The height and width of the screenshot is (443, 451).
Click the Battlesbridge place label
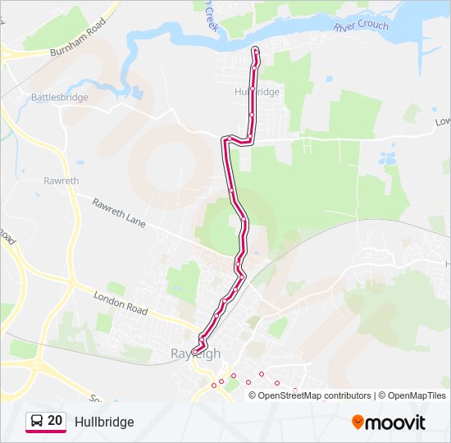[59, 97]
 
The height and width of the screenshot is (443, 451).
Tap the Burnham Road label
[79, 39]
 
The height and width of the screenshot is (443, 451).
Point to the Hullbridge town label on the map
[257, 92]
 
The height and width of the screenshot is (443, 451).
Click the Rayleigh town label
[195, 354]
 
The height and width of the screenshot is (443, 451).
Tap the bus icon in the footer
[37, 421]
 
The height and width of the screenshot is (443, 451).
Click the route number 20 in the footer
[55, 421]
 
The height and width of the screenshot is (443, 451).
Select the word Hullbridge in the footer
[104, 422]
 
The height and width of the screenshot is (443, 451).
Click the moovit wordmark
[397, 422]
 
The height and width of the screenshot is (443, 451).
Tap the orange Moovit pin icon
[358, 422]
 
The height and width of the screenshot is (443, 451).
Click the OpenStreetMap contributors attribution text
[315, 395]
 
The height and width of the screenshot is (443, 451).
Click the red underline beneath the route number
[46, 432]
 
